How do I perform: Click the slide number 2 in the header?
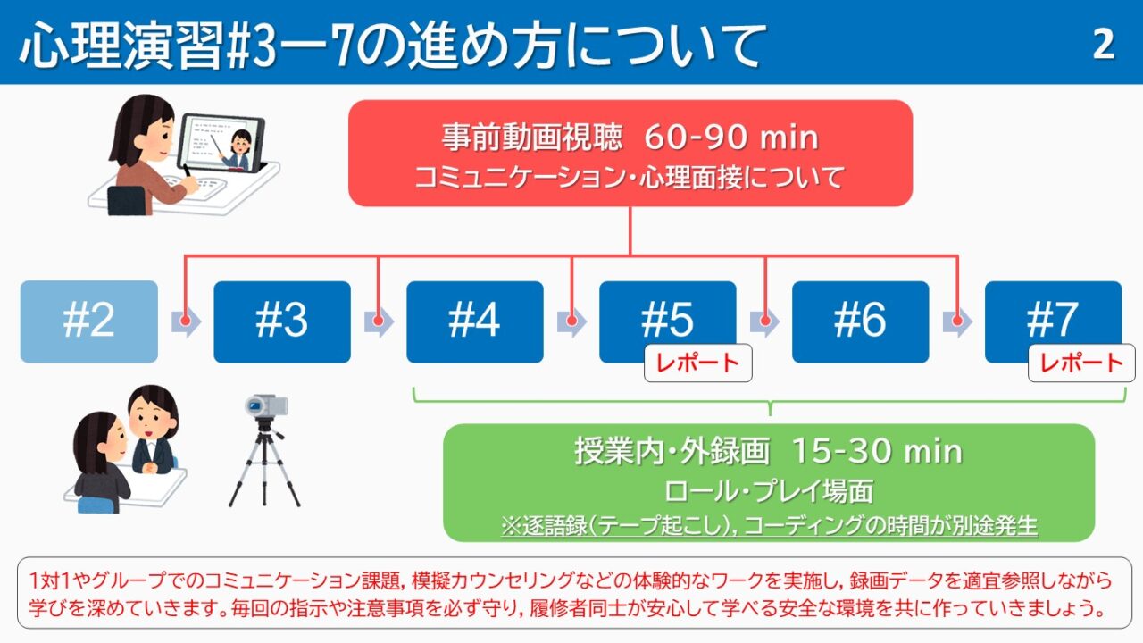pos(1104,44)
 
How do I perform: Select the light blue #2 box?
pos(88,321)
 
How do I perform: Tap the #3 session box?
pos(282,321)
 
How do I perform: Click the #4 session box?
pos(475,321)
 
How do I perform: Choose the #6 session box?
pos(860,321)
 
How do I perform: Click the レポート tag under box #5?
pos(698,363)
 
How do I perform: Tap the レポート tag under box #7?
pos(1081,363)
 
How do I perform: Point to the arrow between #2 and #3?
pos(187,321)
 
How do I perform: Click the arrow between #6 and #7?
pos(957,321)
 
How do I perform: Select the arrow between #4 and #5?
pos(572,321)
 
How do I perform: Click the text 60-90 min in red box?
pos(731,138)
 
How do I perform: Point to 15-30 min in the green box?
pos(877,452)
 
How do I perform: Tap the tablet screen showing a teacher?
pos(223,143)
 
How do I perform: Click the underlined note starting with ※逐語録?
pos(770,525)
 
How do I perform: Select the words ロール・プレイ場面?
pos(769,491)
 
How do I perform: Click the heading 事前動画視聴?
pos(532,138)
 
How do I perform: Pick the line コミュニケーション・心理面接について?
pos(630,177)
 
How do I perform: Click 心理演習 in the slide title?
pos(121,45)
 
